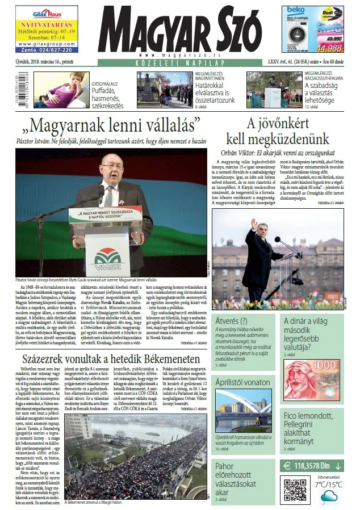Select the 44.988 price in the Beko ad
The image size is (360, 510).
tap(329, 48)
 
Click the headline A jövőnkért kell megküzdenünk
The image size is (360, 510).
tap(277, 131)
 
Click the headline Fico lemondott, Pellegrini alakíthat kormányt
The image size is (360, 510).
tap(313, 428)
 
